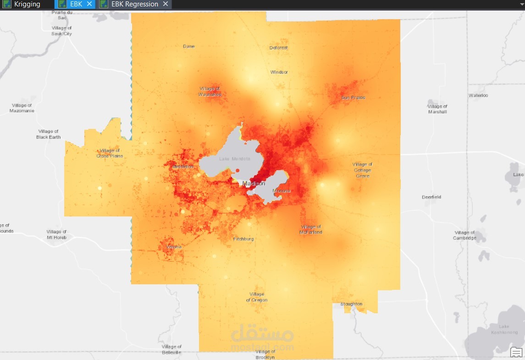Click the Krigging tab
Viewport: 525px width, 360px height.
coord(27,4)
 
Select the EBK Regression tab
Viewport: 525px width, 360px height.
coord(135,4)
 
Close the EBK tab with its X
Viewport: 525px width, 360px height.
coord(89,4)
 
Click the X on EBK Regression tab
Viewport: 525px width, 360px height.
coord(166,4)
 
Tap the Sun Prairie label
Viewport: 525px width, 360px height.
coord(353,98)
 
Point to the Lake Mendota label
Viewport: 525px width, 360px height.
coord(234,159)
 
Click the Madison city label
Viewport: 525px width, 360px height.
coord(254,183)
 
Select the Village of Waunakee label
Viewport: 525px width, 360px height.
coord(210,92)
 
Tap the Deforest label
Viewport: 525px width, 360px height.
coord(278,48)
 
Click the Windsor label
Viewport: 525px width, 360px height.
coord(279,72)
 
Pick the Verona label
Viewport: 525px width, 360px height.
coord(174,247)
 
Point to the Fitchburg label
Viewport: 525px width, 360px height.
coord(243,239)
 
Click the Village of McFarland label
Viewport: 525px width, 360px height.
coord(311,229)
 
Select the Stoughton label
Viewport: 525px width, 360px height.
coord(351,304)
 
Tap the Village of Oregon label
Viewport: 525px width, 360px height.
coord(257,297)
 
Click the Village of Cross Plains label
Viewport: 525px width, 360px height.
coord(110,153)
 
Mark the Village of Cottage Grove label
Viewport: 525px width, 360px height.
coord(362,170)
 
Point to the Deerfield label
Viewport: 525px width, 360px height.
coord(431,197)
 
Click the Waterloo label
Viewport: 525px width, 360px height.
coord(478,95)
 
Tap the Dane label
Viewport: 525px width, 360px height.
coord(188,46)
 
